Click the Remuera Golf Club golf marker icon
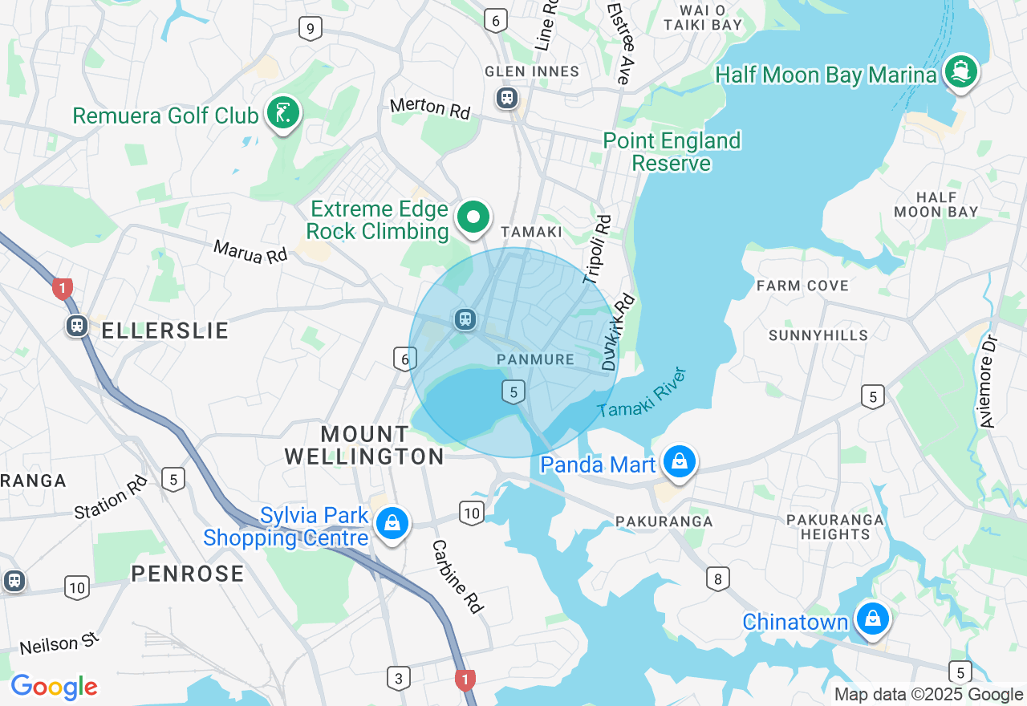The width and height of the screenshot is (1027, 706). (x=282, y=113)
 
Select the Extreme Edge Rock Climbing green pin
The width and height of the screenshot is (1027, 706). (x=473, y=217)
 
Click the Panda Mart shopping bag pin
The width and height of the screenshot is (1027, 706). (x=680, y=462)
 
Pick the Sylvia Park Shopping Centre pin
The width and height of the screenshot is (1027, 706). (x=392, y=524)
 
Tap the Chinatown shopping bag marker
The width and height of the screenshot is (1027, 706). (x=871, y=619)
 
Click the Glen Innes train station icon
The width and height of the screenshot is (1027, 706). (x=506, y=99)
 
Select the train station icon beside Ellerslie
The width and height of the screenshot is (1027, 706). (x=77, y=326)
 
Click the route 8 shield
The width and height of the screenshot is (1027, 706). (x=717, y=578)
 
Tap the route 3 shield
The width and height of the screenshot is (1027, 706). (x=398, y=678)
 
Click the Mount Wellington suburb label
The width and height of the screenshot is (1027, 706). (x=364, y=445)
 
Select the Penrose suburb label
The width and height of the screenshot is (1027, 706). (x=188, y=574)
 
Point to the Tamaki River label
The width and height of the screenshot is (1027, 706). (x=643, y=394)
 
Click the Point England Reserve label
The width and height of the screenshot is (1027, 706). (x=672, y=152)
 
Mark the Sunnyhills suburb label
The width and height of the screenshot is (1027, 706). (x=818, y=335)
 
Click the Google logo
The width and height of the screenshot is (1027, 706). (x=55, y=688)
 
